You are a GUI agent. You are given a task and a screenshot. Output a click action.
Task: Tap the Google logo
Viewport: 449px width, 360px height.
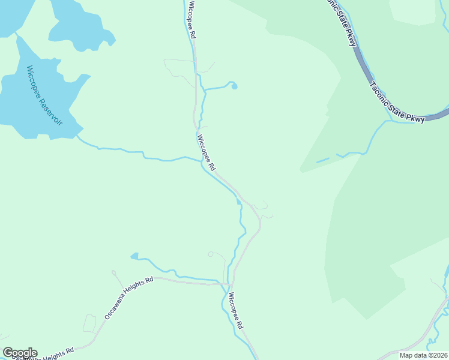19,353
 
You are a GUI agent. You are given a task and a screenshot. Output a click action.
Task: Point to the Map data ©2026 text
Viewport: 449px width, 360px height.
424,355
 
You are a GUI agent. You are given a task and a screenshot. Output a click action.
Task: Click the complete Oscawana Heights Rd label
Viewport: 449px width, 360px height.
128,298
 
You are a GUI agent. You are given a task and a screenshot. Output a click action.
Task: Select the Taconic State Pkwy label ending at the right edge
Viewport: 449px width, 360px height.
397,103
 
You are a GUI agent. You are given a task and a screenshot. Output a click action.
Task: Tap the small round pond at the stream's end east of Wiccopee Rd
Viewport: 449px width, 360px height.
234,86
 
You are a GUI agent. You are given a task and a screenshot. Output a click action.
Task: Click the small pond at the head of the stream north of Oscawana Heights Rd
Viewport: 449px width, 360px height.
134,256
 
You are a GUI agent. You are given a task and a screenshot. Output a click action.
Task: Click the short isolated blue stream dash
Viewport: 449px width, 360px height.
322,160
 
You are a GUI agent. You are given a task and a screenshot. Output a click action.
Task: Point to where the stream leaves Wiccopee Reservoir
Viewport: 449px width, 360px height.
78,137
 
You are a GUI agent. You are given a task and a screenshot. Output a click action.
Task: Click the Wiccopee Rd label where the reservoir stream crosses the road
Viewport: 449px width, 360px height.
205,152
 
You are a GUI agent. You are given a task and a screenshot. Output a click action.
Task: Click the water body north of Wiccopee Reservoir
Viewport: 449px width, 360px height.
78,24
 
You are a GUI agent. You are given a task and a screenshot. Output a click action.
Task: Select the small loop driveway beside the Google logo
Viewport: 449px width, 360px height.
89,323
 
